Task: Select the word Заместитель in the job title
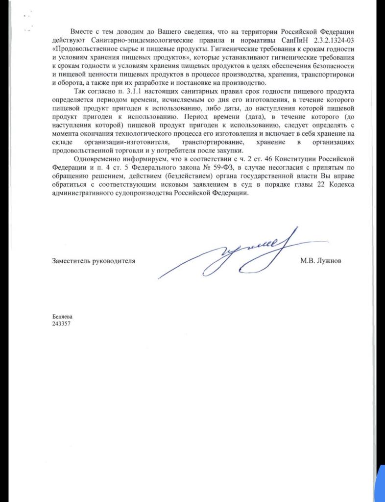click(x=73, y=261)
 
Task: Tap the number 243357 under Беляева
click(x=62, y=324)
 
